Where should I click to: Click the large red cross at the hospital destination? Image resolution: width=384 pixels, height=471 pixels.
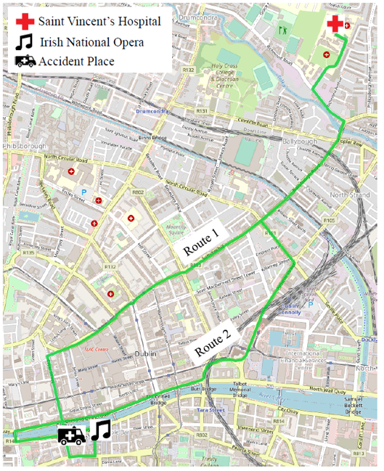click(335, 24)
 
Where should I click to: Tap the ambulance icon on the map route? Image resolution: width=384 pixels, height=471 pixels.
click(72, 435)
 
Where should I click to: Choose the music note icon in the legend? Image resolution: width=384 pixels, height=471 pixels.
click(24, 41)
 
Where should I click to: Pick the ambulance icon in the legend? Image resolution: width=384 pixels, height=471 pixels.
click(25, 61)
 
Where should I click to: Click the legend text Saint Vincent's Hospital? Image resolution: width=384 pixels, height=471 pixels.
click(99, 22)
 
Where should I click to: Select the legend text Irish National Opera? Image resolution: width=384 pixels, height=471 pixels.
click(91, 42)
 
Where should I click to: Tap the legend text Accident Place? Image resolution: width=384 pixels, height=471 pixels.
click(76, 62)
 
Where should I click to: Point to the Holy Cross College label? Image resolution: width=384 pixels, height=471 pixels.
click(227, 74)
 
